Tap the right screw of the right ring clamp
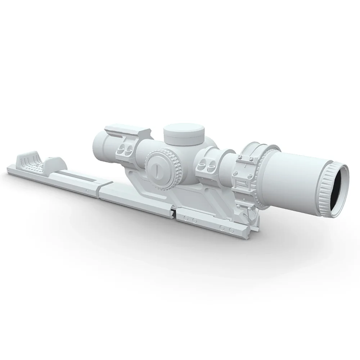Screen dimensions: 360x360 coord(211,163)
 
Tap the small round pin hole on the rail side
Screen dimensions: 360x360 coord(87,191)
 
